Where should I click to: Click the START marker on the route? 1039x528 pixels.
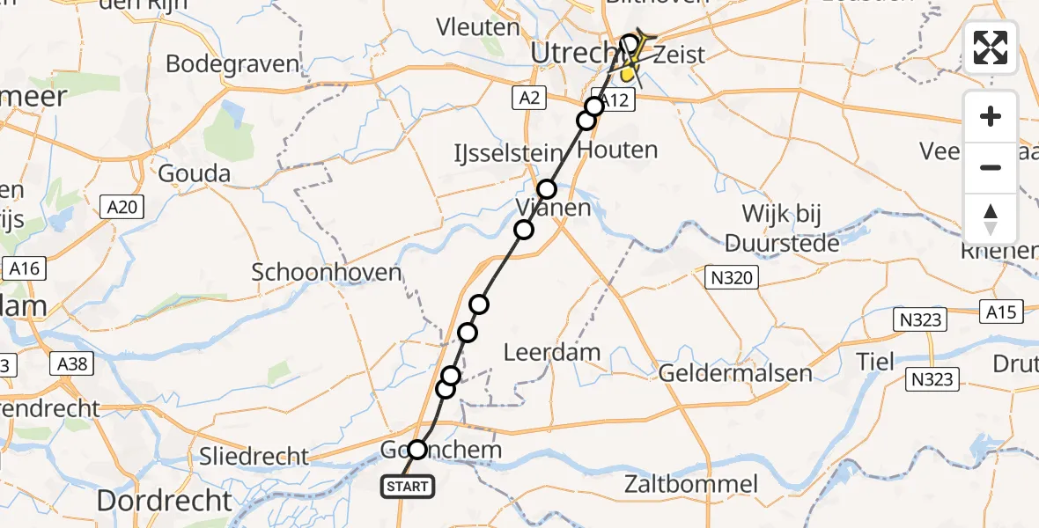pos(407,486)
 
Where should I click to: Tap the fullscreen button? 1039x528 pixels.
pos(991,48)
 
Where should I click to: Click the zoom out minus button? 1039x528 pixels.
pos(991,167)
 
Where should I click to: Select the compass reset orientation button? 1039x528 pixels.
pos(991,218)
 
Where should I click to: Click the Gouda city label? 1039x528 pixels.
pos(194,173)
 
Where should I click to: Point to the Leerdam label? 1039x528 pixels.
pos(552,353)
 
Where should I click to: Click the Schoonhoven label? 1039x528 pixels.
pos(327,272)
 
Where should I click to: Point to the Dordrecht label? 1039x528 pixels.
pos(164,501)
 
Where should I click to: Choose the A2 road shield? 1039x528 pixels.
pos(528,98)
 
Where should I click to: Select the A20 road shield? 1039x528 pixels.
pos(122,207)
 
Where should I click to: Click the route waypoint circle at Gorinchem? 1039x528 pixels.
pos(416,450)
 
